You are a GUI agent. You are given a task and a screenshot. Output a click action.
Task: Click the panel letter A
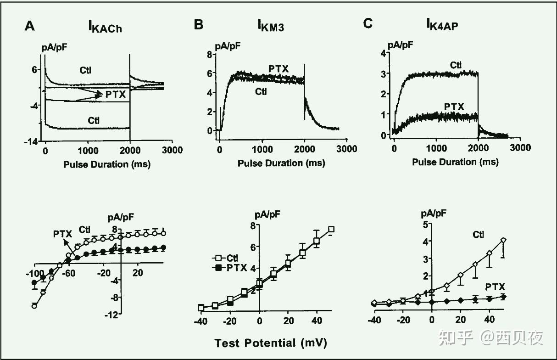click(x=29, y=26)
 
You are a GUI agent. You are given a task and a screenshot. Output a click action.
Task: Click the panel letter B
click(x=198, y=25)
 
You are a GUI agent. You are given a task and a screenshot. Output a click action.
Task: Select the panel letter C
click(x=368, y=24)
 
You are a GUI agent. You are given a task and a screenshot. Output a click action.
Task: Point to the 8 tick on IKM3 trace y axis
click(x=209, y=54)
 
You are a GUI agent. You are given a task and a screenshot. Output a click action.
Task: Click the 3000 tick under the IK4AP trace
click(x=520, y=148)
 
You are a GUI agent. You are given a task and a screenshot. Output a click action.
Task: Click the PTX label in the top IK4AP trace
click(x=454, y=107)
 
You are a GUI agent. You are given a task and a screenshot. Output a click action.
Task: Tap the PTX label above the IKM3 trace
click(x=278, y=69)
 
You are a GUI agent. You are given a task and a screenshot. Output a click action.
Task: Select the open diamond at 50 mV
click(x=503, y=240)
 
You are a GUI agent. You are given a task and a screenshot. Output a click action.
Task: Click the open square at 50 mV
click(x=331, y=229)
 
